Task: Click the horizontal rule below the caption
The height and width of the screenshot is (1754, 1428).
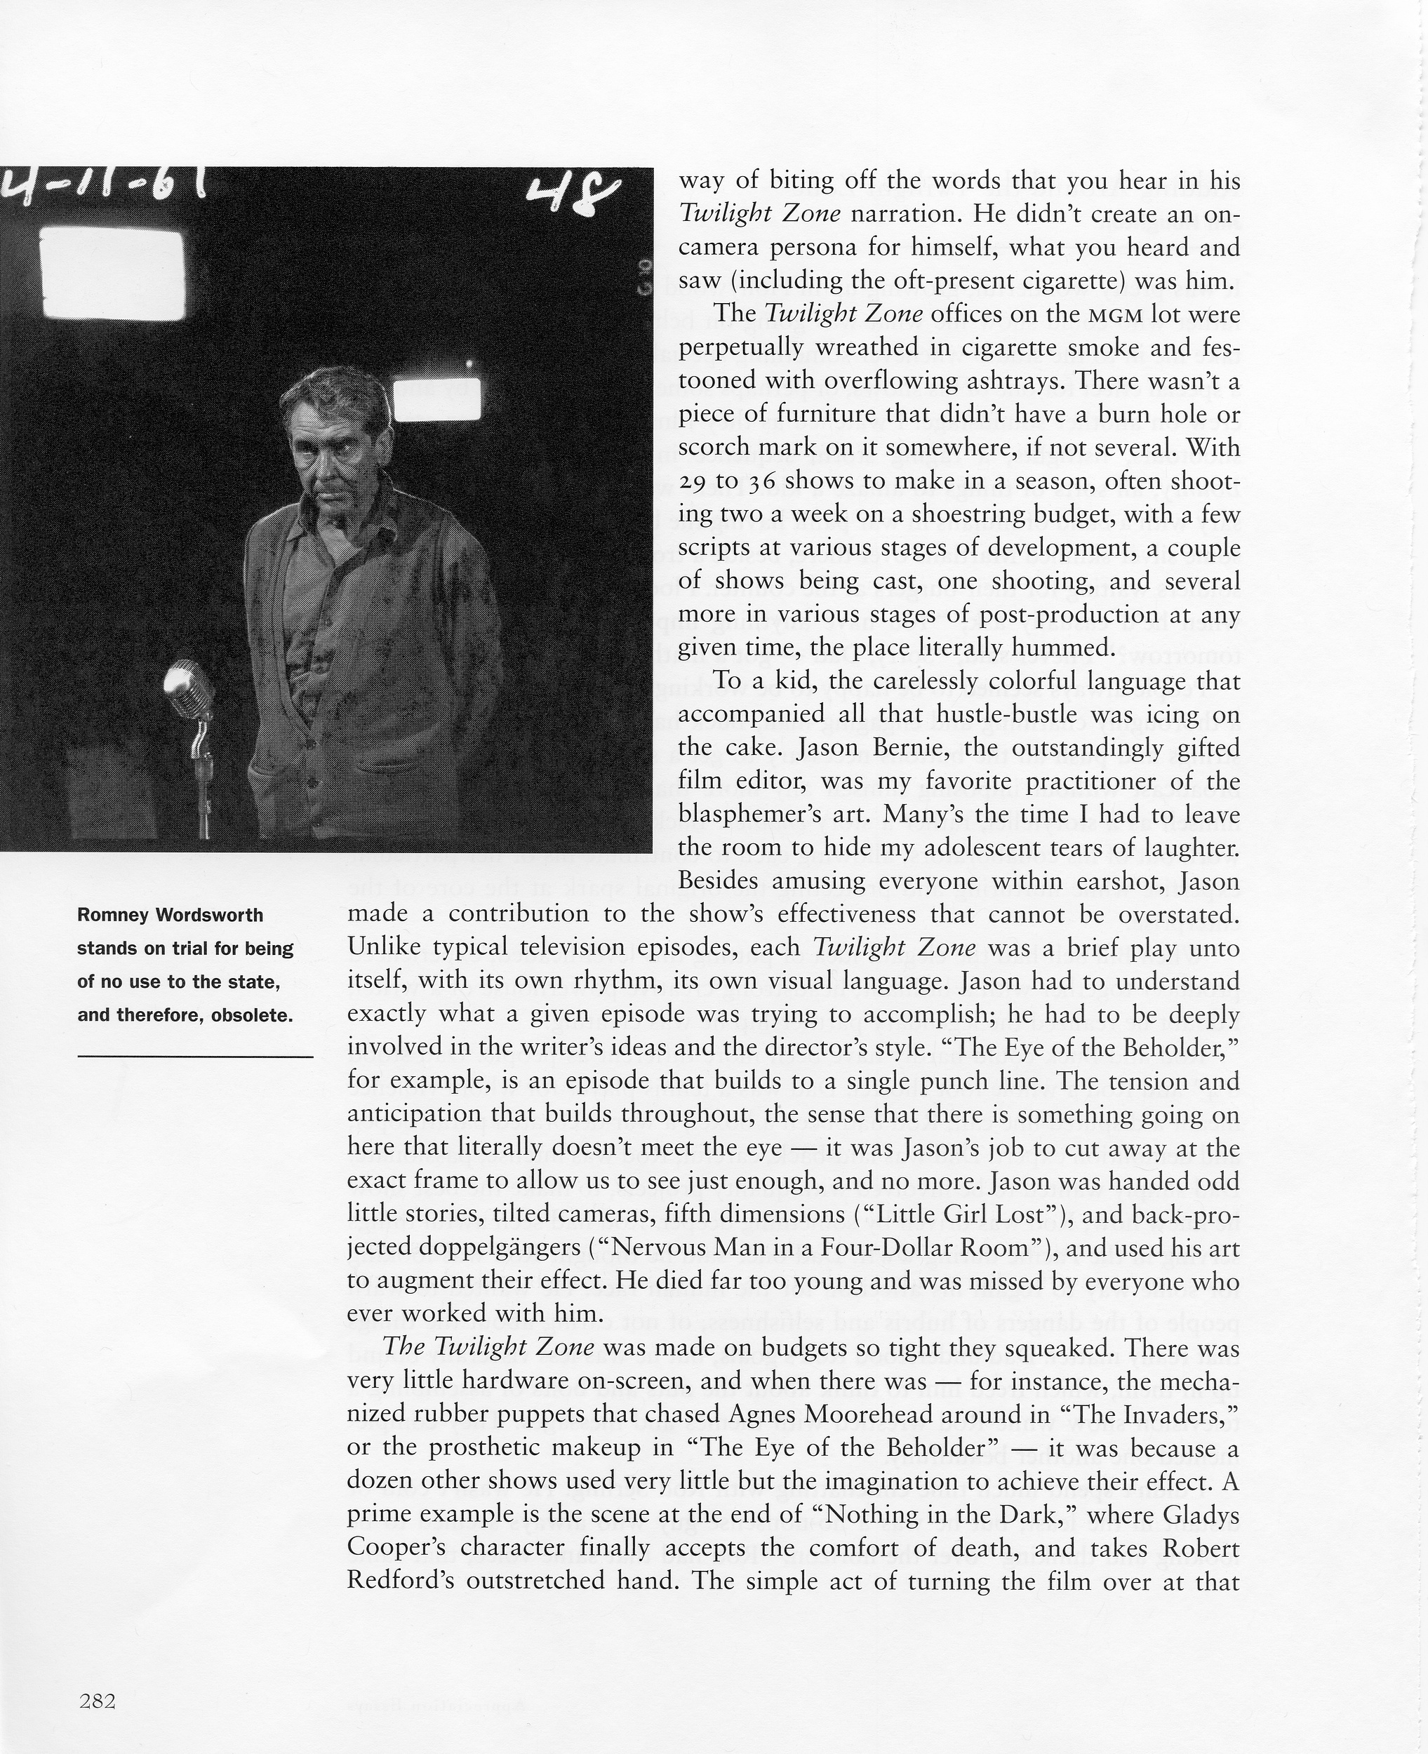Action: click(x=195, y=1055)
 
